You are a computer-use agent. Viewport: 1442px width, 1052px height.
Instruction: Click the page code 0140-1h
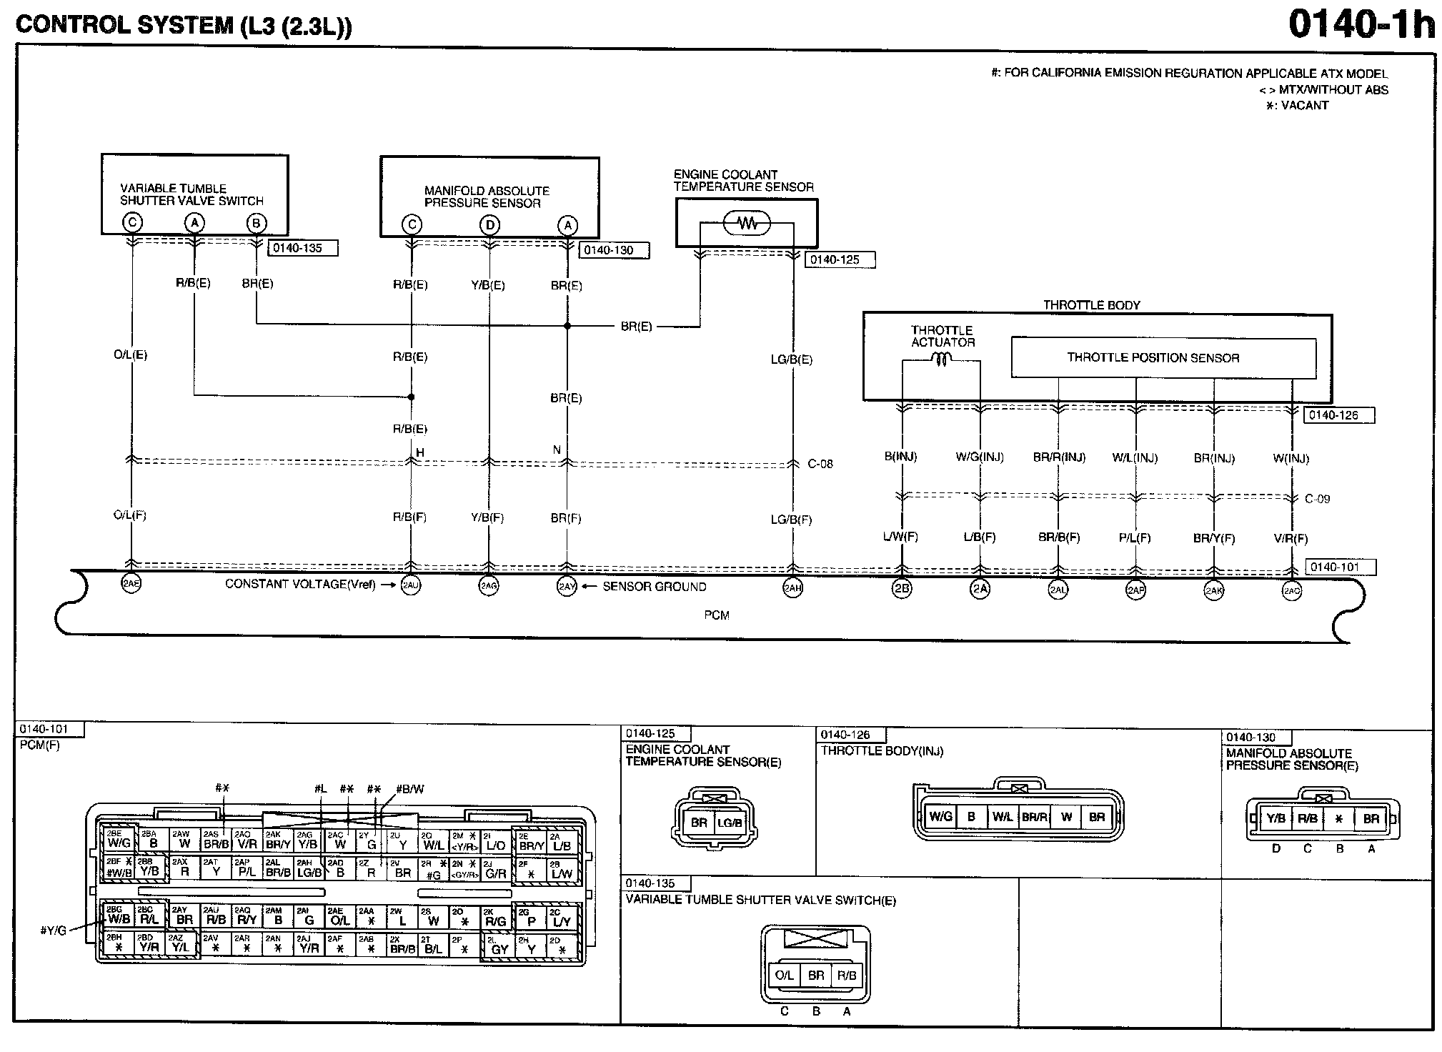tap(1361, 25)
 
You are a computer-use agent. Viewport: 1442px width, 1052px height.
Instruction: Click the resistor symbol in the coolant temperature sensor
tap(747, 224)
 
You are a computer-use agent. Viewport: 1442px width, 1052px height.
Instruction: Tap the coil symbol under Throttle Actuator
tap(941, 361)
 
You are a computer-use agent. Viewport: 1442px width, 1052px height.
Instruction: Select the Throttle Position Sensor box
tap(1163, 357)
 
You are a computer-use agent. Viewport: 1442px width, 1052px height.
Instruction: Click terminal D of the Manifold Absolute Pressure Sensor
tap(489, 225)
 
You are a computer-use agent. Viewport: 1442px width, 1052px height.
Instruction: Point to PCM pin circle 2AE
tap(131, 583)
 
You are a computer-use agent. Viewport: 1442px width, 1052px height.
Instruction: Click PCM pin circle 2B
tap(902, 589)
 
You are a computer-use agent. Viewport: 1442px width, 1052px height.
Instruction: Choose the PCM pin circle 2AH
tap(792, 588)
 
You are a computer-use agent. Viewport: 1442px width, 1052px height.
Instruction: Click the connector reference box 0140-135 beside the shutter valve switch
tap(302, 248)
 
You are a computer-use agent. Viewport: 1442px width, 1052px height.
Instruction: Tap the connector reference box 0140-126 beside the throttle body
tap(1338, 415)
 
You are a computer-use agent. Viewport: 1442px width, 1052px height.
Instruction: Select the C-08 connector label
tap(820, 464)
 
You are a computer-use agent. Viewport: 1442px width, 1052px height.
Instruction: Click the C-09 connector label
tap(1317, 499)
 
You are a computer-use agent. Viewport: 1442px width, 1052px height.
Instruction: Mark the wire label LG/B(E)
tap(791, 359)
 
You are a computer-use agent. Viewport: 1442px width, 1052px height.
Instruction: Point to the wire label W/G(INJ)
tap(979, 457)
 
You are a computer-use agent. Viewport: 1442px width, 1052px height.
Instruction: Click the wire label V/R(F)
tap(1290, 538)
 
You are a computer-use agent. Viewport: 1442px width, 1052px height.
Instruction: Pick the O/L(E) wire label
tap(130, 354)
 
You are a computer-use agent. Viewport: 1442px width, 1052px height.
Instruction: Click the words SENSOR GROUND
tap(654, 587)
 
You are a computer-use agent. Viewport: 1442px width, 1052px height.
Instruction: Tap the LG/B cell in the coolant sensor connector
tap(729, 823)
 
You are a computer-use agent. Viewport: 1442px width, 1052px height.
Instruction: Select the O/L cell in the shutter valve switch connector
tap(784, 975)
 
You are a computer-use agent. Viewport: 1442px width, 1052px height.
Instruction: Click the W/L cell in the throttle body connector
tap(1002, 817)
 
